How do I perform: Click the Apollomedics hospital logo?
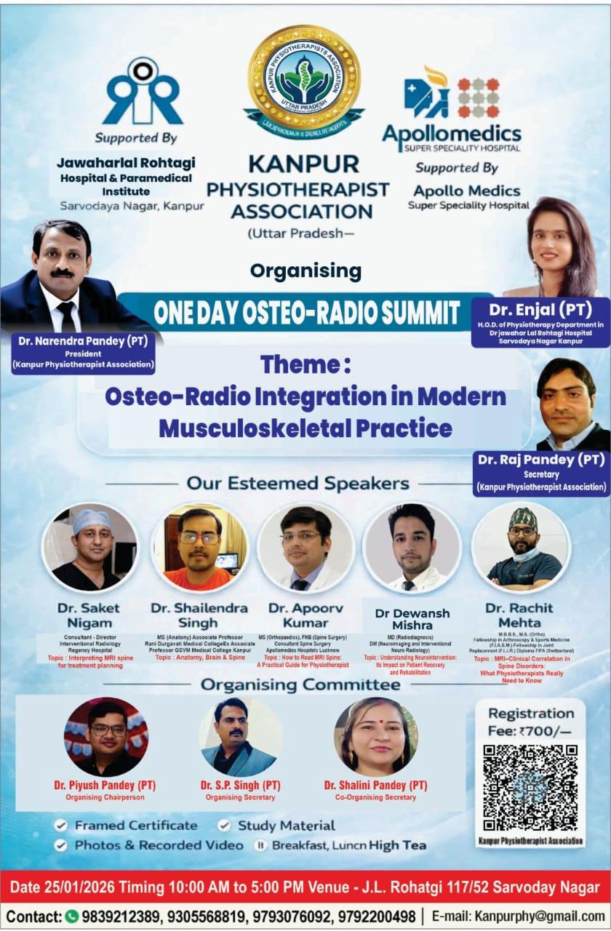coord(452,109)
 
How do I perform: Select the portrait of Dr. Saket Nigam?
coord(90,546)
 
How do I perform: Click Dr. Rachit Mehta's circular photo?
coord(521,546)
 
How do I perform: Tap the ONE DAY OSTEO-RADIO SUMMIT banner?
coord(306,313)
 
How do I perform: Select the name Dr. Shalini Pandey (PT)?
coord(375,786)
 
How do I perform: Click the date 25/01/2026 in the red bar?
coord(79,887)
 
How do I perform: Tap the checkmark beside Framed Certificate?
coord(61,826)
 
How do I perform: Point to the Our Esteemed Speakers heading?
coord(297,483)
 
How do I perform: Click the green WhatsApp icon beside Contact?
coord(71,916)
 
